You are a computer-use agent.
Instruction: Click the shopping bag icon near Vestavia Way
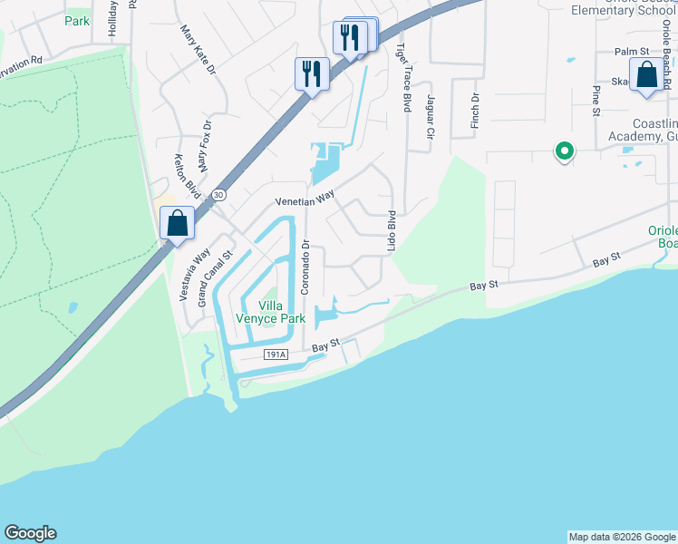tap(177, 223)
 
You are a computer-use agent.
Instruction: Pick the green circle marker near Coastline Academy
tap(564, 151)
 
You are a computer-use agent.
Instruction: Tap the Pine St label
tap(596, 102)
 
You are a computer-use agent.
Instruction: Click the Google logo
tap(30, 533)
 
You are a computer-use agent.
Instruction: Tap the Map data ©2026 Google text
tap(621, 537)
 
